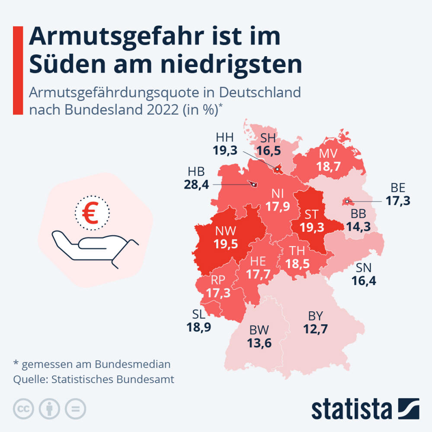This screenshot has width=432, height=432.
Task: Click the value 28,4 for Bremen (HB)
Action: pyautogui.click(x=196, y=185)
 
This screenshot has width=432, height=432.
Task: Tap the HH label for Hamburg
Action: pyautogui.click(x=225, y=138)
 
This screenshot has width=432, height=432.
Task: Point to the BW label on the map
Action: pyautogui.click(x=259, y=331)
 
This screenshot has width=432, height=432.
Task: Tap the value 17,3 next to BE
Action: pyautogui.click(x=398, y=201)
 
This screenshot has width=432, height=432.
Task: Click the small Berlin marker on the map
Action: pyautogui.click(x=347, y=202)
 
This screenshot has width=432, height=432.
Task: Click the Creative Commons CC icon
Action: pyautogui.click(x=24, y=408)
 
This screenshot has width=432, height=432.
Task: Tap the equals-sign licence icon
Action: pyautogui.click(x=75, y=408)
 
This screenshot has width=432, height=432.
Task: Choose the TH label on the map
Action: pyautogui.click(x=298, y=251)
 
